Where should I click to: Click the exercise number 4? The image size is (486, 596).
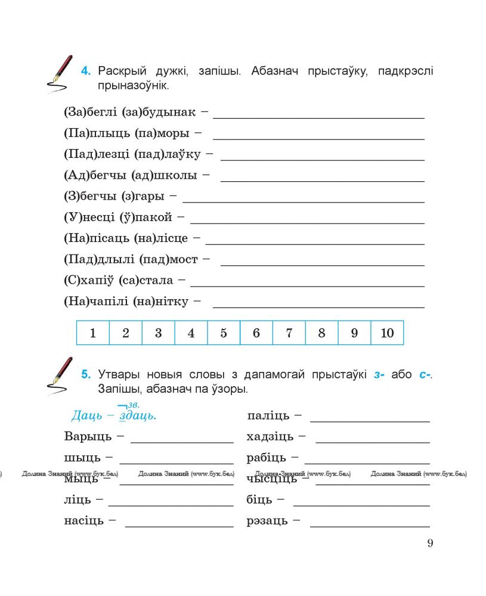click(86, 72)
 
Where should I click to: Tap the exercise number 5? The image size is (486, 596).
click(86, 375)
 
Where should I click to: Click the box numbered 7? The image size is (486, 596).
click(289, 333)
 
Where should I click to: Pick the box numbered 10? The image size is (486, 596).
click(387, 333)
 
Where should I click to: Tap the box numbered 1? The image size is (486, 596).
click(93, 333)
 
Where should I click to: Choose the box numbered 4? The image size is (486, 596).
click(191, 333)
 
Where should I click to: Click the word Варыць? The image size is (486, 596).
click(88, 437)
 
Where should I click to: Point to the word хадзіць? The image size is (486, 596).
click(270, 437)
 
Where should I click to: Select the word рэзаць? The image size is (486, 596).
click(267, 521)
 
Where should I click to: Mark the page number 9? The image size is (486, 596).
click(430, 543)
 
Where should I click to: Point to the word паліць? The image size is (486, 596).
click(268, 416)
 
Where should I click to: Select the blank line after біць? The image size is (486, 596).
click(361, 504)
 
